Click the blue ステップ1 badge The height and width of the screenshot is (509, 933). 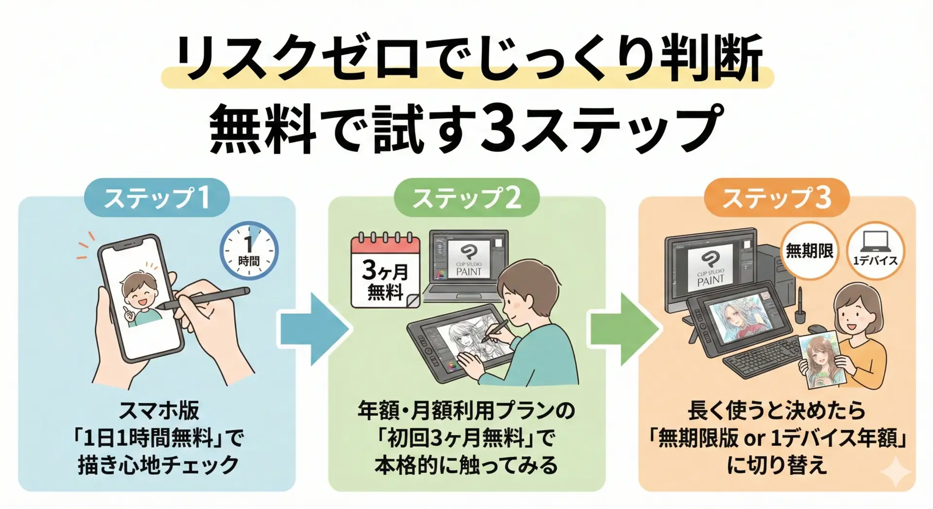(x=156, y=197)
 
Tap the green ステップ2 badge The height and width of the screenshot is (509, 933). (x=466, y=197)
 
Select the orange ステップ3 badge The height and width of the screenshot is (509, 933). (x=777, y=197)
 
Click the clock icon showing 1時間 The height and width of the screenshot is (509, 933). (x=249, y=251)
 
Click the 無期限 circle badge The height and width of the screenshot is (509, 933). (x=809, y=251)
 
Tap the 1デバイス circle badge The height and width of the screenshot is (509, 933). (x=875, y=251)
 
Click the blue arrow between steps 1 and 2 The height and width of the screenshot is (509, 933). (x=313, y=329)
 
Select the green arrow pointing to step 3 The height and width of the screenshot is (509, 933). (x=624, y=329)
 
